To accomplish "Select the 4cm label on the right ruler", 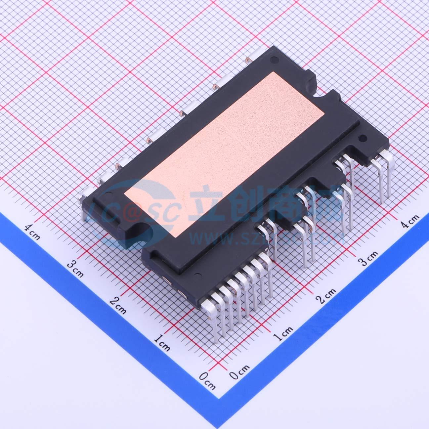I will [x=410, y=221].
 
